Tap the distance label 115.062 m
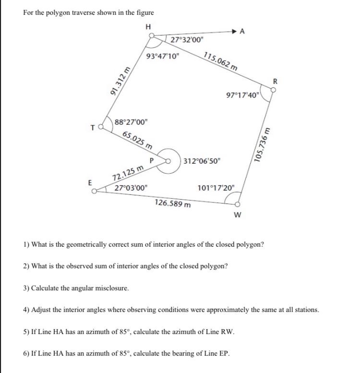(x=220, y=61)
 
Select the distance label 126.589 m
(x=173, y=203)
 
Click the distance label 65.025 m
(x=138, y=139)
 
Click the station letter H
(x=148, y=26)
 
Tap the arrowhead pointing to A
(x=235, y=32)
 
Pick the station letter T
(x=92, y=128)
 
